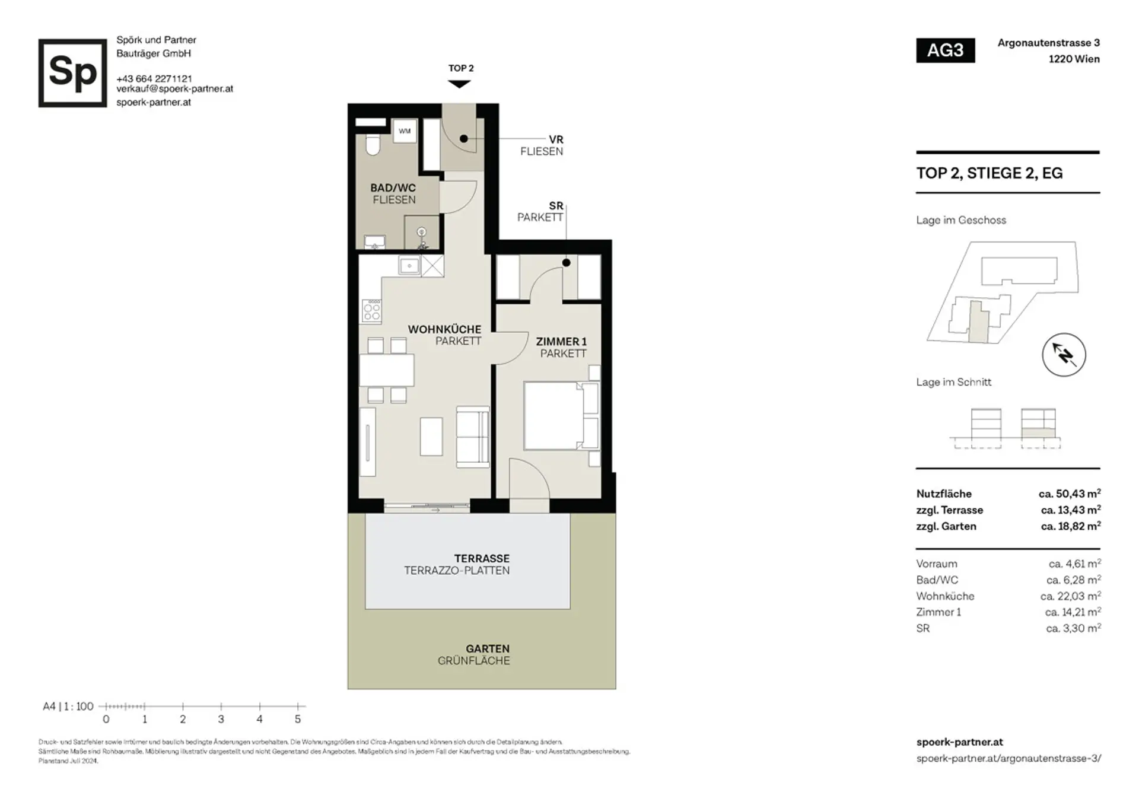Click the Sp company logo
[72, 73]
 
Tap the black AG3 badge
[945, 50]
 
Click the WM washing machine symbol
[405, 131]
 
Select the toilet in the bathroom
[373, 145]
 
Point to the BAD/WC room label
[393, 187]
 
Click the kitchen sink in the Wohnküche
[409, 266]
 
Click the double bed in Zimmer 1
[561, 415]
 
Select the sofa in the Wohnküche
[473, 437]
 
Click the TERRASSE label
[482, 558]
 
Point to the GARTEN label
[488, 648]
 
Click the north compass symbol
[1064, 355]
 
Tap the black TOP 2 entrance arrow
[459, 84]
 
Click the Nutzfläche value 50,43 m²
[1070, 494]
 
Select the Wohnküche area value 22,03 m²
[1070, 596]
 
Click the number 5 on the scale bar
[298, 719]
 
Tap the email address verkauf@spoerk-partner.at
[174, 89]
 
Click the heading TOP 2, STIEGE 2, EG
[990, 173]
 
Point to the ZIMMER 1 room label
[561, 342]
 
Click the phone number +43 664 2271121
[154, 78]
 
